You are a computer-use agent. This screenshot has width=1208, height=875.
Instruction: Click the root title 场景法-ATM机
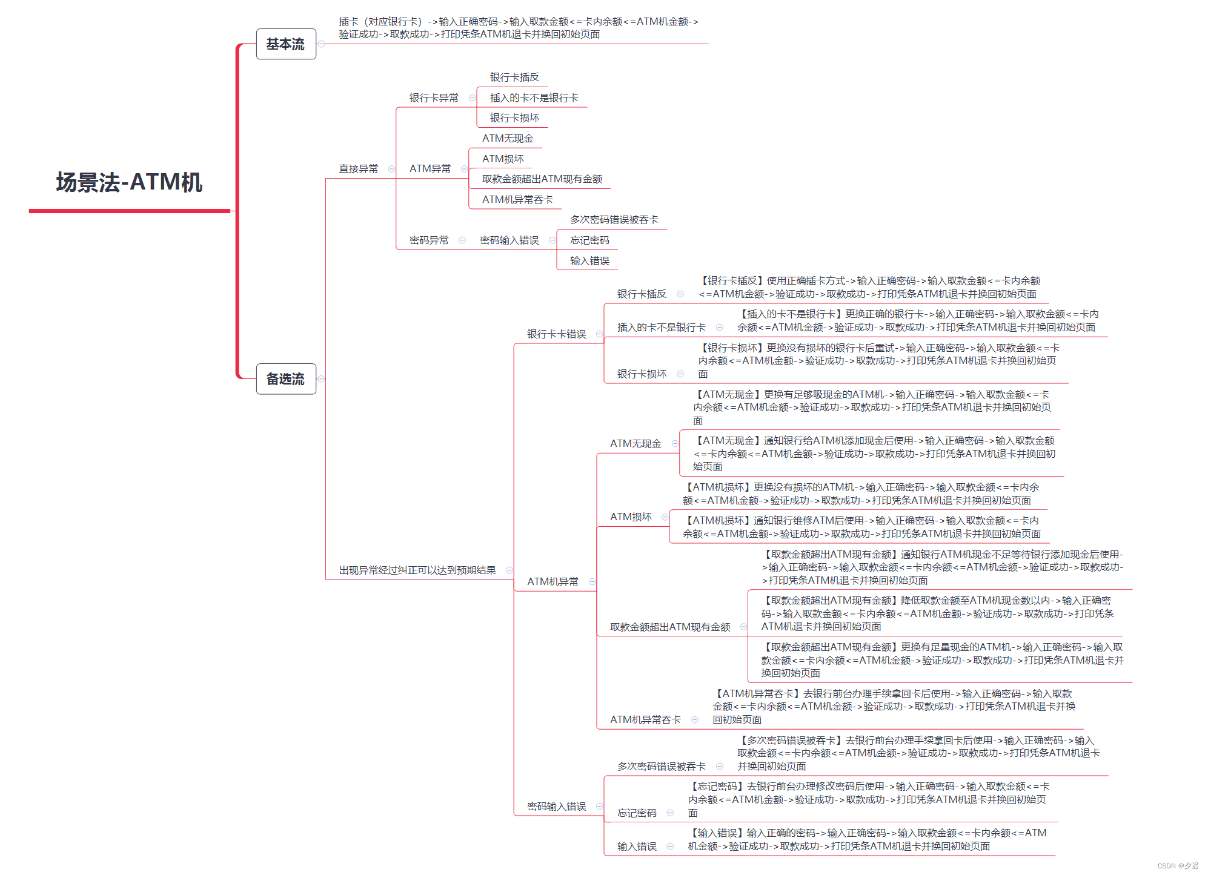tap(129, 182)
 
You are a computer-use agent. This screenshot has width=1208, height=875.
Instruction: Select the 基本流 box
tap(286, 44)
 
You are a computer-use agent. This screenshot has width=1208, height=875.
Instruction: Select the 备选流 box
tap(286, 379)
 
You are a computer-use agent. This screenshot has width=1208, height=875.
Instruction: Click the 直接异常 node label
tap(358, 169)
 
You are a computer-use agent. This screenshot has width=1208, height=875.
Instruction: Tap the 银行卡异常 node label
tap(434, 98)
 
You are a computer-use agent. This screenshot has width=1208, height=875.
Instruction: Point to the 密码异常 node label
tap(429, 240)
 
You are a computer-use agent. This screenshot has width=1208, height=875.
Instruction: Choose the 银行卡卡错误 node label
tap(556, 334)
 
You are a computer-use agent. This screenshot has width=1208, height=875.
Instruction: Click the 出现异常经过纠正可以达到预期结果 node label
tap(417, 570)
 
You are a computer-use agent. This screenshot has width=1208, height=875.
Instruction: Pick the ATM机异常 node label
tap(553, 582)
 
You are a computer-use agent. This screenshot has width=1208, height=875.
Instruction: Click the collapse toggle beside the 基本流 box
tap(322, 44)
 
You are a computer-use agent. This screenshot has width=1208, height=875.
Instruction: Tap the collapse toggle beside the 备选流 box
tap(322, 379)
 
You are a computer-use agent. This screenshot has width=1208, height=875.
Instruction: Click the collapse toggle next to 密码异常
tap(462, 240)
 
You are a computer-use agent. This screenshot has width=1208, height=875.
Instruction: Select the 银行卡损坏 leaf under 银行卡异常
tap(514, 118)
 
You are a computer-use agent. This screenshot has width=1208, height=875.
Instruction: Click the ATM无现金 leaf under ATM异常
tap(508, 139)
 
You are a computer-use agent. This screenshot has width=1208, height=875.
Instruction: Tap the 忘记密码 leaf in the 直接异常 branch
tap(589, 240)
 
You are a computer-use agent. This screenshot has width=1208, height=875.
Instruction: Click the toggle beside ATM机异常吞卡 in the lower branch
tap(695, 720)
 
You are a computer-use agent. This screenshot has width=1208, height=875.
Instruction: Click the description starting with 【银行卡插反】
tap(869, 288)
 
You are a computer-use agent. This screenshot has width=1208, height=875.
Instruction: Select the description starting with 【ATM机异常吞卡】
tap(894, 707)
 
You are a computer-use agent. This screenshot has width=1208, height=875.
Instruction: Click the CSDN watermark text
tap(1177, 866)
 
